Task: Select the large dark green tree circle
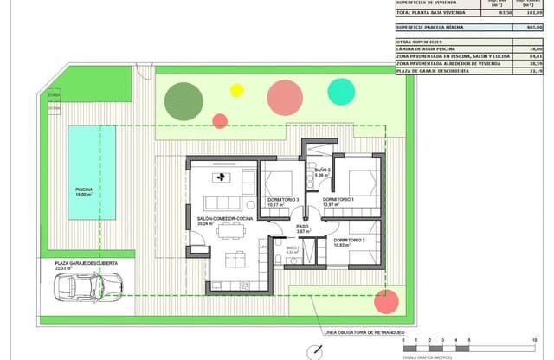point(183,100)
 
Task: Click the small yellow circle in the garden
point(236,89)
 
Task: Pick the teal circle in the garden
point(341,91)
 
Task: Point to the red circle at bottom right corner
point(386,302)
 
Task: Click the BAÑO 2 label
point(323,170)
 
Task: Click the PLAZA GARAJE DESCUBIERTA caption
point(87,262)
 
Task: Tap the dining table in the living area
point(229,229)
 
